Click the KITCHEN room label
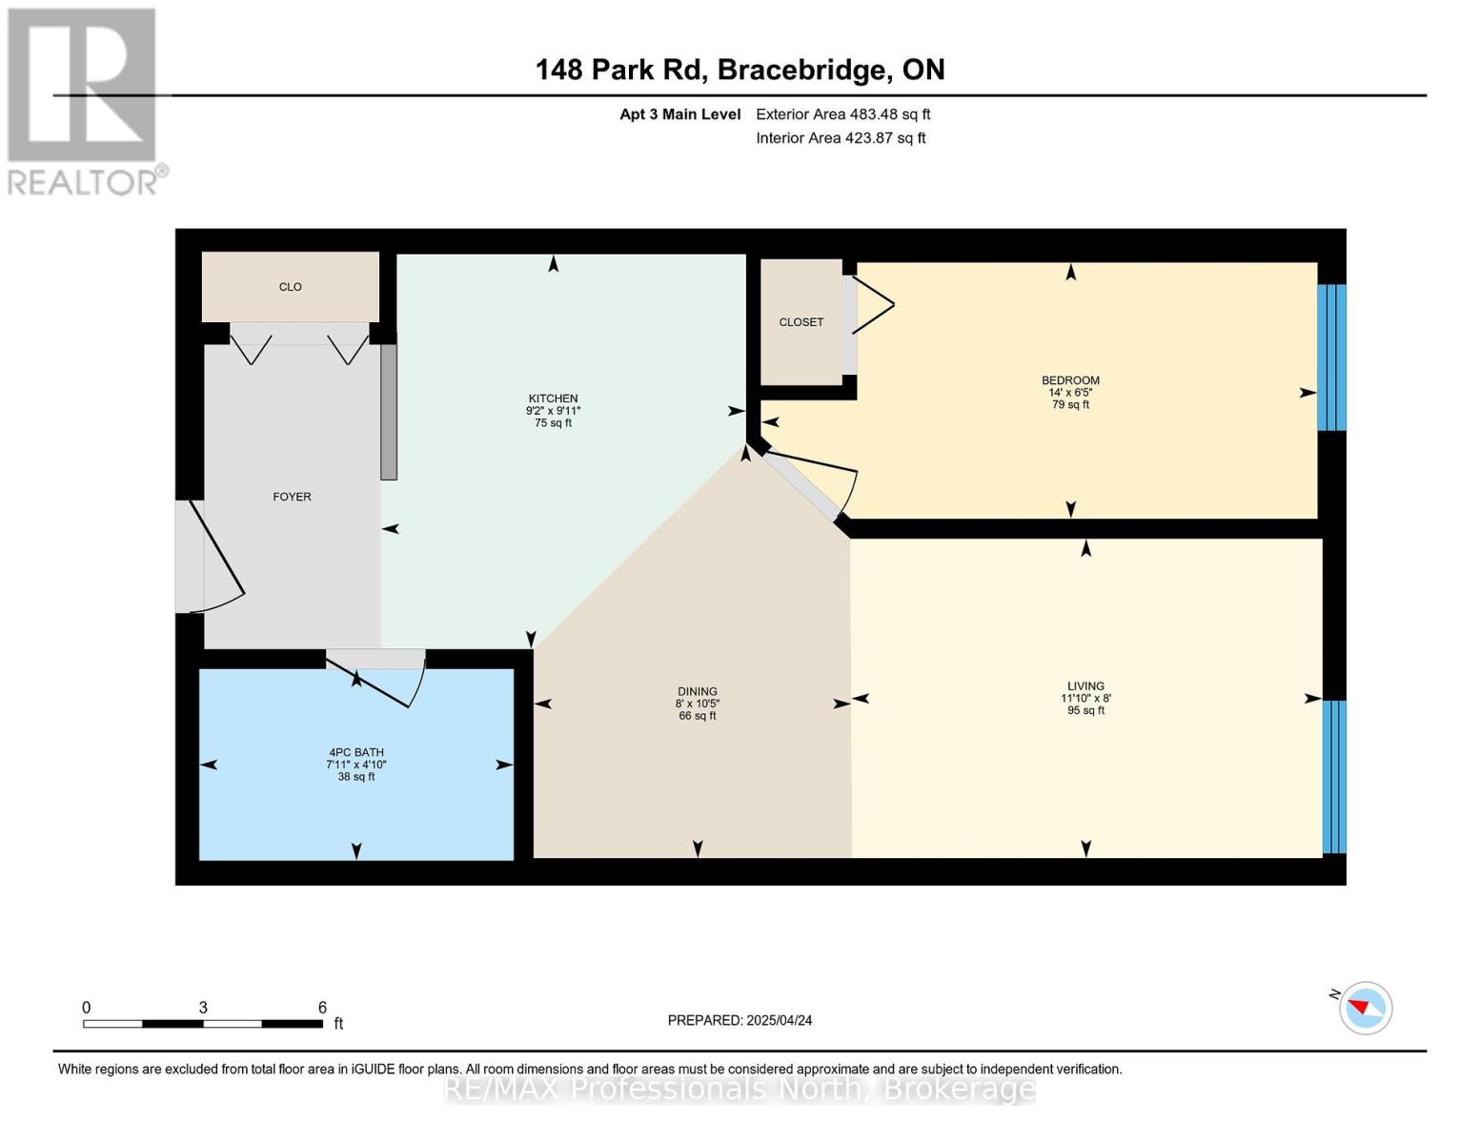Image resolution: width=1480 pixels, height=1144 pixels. click(553, 398)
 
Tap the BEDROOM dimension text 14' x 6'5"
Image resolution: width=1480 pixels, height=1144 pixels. click(1070, 393)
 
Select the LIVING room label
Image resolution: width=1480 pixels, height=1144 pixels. click(1085, 686)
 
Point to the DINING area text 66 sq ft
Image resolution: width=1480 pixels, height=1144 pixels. click(698, 716)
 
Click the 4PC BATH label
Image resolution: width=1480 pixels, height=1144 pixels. click(356, 752)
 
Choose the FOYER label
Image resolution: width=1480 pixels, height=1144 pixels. click(292, 497)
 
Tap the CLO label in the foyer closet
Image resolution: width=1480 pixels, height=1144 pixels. click(291, 287)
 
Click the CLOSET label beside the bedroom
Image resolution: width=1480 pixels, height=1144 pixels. click(801, 322)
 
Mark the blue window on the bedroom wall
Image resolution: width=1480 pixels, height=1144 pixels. click(1331, 357)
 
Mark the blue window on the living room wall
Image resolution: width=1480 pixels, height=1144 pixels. click(1334, 776)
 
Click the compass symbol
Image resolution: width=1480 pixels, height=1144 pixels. click(1365, 1008)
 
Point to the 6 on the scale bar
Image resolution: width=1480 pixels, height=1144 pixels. click(322, 1008)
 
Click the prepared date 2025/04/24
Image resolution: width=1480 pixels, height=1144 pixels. click(779, 1020)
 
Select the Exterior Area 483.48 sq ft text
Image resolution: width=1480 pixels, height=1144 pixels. click(842, 114)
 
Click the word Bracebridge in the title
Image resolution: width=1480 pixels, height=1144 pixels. click(801, 70)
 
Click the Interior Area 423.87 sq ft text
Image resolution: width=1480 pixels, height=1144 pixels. click(841, 138)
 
